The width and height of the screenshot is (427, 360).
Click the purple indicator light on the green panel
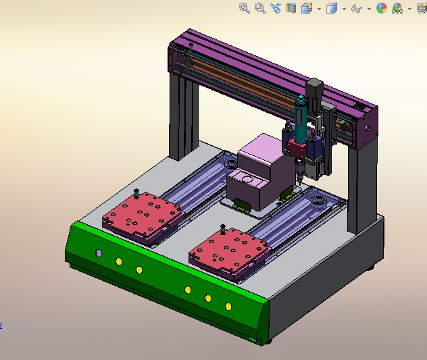99,253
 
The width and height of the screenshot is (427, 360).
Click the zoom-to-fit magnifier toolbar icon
245,8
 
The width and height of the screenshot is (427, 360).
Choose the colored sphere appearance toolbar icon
382,8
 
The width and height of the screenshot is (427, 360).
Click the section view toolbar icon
291,8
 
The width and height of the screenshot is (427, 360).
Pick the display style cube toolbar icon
331,8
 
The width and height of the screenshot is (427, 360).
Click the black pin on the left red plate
137,193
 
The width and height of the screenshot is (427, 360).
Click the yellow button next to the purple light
119,261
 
